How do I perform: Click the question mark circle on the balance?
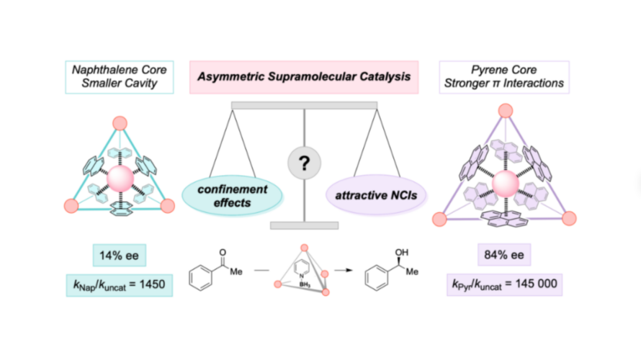tap(304, 163)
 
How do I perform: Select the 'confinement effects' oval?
tap(232, 196)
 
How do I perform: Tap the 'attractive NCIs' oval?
tap(376, 195)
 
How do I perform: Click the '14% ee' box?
tap(120, 256)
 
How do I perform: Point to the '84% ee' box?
tap(504, 255)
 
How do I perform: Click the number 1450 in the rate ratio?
tap(152, 284)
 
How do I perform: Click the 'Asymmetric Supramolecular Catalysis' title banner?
tap(304, 77)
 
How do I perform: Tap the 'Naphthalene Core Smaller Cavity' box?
tap(120, 77)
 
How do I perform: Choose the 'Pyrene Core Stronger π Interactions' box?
tap(504, 77)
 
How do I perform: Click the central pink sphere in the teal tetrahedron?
tap(120, 179)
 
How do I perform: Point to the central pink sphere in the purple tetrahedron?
tap(506, 184)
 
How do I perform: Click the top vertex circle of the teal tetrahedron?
tap(120, 123)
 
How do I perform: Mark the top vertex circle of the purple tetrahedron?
tap(506, 110)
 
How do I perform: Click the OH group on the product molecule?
tap(401, 253)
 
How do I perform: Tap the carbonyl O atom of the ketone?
tap(223, 253)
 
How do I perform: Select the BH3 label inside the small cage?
tap(305, 284)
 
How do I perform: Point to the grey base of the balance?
tap(304, 225)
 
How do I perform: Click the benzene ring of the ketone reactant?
tap(201, 278)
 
